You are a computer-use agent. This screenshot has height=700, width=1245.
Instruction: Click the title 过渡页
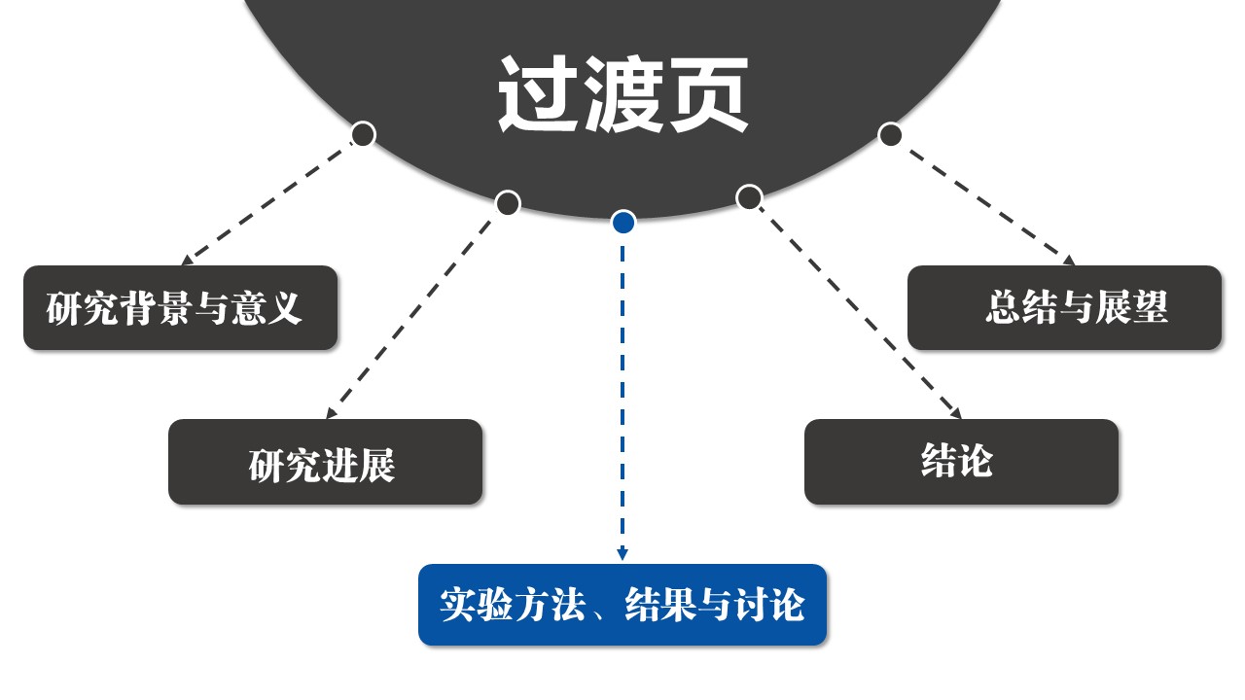(622, 94)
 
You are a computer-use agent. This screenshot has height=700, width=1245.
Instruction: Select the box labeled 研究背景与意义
(180, 308)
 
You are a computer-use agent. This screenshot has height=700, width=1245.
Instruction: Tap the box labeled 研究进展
(325, 463)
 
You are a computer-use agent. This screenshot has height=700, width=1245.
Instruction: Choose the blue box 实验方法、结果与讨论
(622, 605)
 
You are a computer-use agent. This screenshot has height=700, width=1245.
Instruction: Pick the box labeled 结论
(961, 462)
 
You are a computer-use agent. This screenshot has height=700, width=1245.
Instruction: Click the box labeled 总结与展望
(1064, 308)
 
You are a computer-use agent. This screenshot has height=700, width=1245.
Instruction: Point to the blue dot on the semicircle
(623, 223)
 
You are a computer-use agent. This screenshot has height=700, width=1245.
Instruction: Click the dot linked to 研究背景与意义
(363, 134)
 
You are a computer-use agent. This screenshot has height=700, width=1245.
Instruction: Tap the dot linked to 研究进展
(508, 203)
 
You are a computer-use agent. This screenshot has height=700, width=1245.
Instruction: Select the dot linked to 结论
(748, 198)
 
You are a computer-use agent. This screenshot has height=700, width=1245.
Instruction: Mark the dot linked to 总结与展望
(890, 134)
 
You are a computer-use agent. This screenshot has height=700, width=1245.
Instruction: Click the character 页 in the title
(707, 94)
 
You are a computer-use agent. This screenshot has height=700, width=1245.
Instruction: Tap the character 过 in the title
(538, 94)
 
